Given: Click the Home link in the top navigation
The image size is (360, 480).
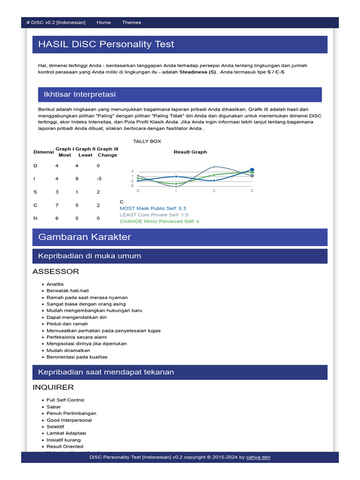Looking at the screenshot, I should [x=104, y=22].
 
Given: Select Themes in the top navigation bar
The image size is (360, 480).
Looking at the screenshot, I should [x=131, y=22].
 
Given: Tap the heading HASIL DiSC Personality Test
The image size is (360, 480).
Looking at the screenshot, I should [x=106, y=45].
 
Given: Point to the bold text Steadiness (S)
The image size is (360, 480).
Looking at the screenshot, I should [x=197, y=72].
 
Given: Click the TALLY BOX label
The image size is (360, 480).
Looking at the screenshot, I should [x=147, y=141].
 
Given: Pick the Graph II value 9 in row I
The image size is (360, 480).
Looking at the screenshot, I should [x=76, y=179].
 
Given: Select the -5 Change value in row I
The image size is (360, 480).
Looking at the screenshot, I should [x=99, y=179].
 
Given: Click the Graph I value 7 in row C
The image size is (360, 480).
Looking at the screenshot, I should [x=57, y=205].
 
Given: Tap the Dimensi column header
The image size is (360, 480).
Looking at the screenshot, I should [x=44, y=152].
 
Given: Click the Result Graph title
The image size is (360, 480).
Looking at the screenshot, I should [x=190, y=152].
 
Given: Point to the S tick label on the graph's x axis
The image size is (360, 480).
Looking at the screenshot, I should [x=214, y=191].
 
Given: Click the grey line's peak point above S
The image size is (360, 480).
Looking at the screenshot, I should [x=214, y=167].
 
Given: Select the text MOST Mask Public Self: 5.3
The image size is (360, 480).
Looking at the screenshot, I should [x=153, y=208].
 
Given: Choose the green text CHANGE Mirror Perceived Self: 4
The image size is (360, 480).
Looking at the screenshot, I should [x=159, y=221].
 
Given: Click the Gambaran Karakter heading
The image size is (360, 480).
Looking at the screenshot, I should [x=84, y=237].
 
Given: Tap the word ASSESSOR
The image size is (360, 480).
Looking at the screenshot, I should [x=56, y=271].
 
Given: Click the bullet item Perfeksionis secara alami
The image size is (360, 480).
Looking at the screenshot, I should [x=76, y=337].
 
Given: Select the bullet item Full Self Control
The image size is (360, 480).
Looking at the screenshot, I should [x=65, y=400].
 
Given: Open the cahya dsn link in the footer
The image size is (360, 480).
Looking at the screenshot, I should [x=258, y=457].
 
